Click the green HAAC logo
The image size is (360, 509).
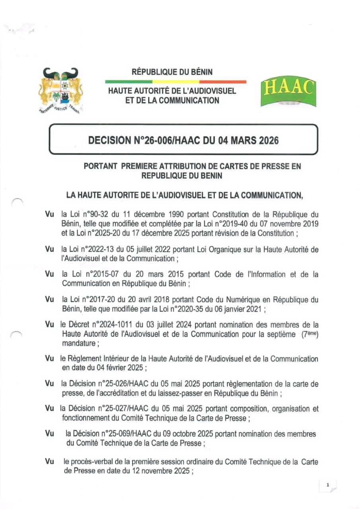pos(288,92)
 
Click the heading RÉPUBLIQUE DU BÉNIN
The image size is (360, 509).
pos(172,72)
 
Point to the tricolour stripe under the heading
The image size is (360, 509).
pos(175,82)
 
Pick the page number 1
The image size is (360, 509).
pos(327,485)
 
